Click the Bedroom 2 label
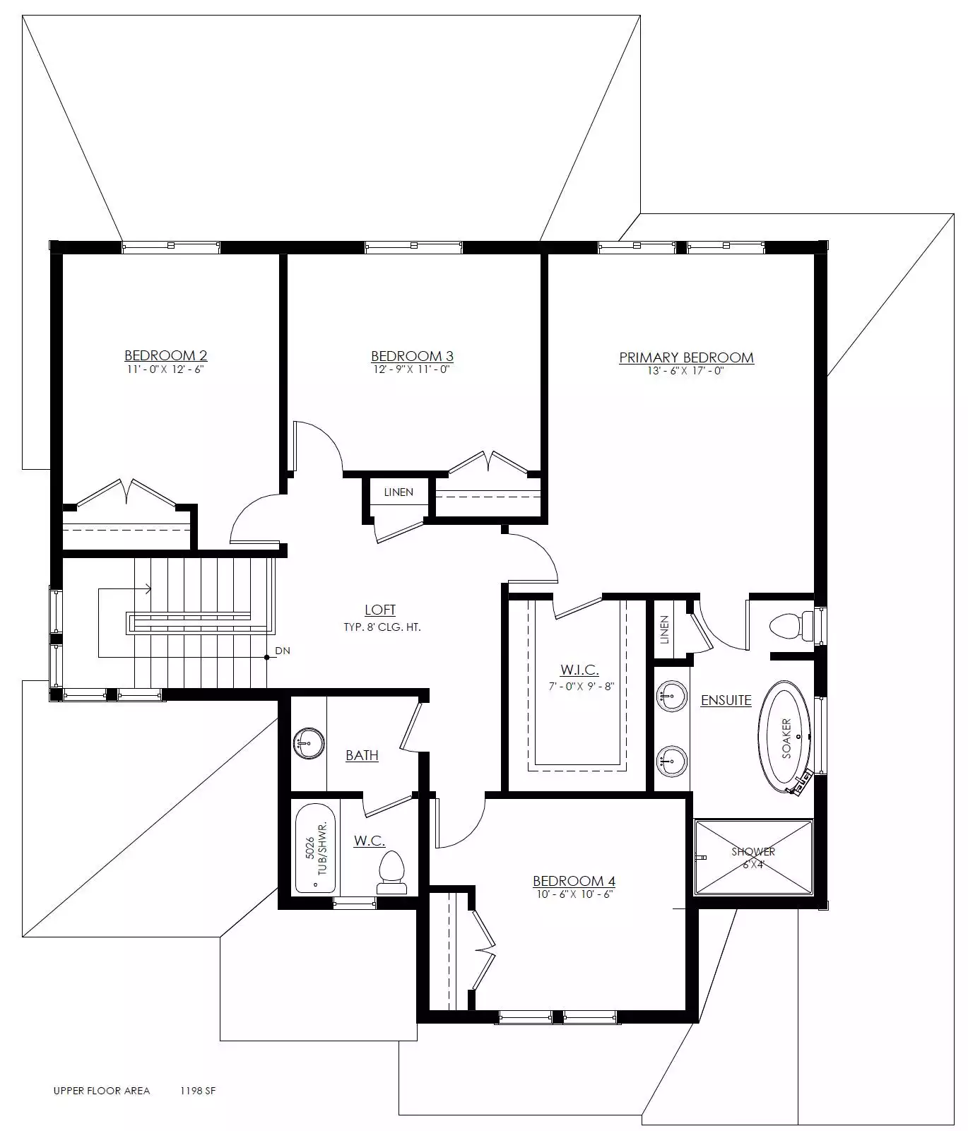(x=166, y=355)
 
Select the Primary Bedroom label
(x=686, y=357)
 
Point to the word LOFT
(x=380, y=610)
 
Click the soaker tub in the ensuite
(x=785, y=737)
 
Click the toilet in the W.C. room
(x=392, y=873)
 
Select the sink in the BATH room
(x=309, y=744)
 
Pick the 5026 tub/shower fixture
(x=315, y=848)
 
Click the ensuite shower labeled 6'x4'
(x=753, y=857)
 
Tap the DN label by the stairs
(x=283, y=651)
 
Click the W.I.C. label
(x=579, y=670)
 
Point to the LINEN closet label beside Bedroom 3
(x=399, y=492)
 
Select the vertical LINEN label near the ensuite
(x=664, y=630)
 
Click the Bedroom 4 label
(x=574, y=881)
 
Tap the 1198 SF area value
(x=198, y=1091)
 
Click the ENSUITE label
(x=726, y=700)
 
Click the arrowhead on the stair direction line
(x=148, y=588)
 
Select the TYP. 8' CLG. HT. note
(x=382, y=627)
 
